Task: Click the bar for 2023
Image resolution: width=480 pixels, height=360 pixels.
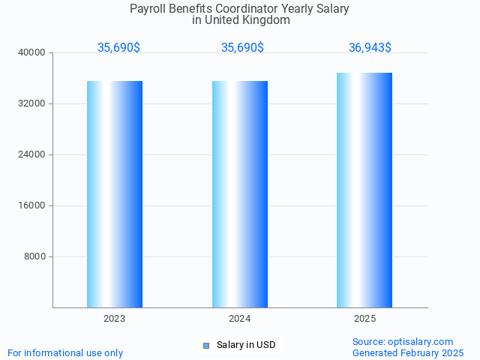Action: (x=115, y=194)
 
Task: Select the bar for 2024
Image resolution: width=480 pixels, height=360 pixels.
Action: (x=240, y=194)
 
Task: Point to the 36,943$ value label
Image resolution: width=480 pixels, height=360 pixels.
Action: (x=370, y=48)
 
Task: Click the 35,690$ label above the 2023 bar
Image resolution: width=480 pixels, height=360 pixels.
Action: (x=118, y=48)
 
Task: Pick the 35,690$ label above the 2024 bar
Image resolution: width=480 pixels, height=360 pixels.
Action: (x=242, y=48)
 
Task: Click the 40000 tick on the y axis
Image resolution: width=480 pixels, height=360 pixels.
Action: (x=33, y=53)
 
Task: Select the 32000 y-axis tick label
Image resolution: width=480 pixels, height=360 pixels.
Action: (x=33, y=104)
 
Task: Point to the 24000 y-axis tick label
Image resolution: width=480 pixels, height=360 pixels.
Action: (x=33, y=155)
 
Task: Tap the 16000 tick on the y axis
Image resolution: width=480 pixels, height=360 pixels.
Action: (x=33, y=206)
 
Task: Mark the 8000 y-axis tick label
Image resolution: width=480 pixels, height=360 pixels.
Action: (x=35, y=257)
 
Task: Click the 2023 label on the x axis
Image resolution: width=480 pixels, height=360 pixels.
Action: (x=115, y=319)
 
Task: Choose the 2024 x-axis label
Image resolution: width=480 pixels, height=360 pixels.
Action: (x=240, y=319)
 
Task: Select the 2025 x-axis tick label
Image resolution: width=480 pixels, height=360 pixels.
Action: (x=365, y=319)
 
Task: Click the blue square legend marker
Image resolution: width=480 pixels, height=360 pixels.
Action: (x=206, y=346)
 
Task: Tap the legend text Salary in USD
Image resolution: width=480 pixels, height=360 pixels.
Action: (x=246, y=345)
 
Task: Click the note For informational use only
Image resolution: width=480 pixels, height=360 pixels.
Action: (x=65, y=353)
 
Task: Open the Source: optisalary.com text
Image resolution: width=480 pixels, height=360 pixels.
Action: (x=403, y=342)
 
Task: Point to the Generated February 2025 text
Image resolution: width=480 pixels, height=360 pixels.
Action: (x=408, y=353)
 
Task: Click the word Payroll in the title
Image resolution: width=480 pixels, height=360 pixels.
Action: (x=146, y=9)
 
